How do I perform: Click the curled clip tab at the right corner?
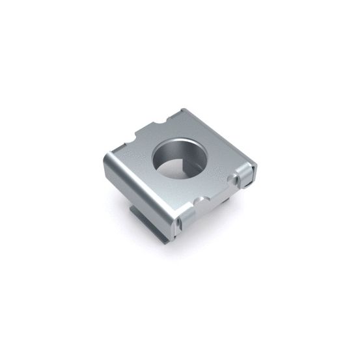246,174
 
